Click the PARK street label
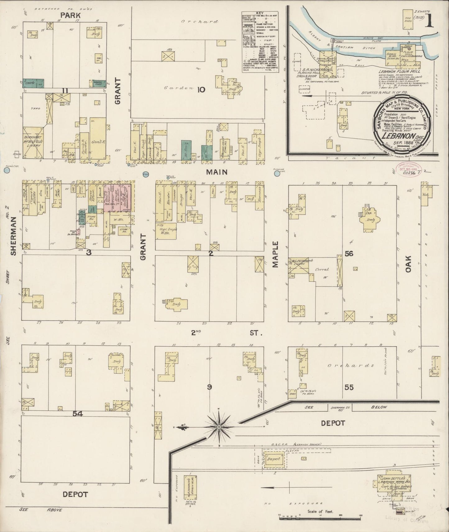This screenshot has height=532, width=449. point(71,15)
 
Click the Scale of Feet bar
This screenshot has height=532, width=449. point(320,516)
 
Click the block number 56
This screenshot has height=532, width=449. point(349,254)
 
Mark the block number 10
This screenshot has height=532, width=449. point(201,90)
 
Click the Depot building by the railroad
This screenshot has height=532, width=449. point(274,459)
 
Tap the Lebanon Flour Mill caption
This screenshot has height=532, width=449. point(399,71)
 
